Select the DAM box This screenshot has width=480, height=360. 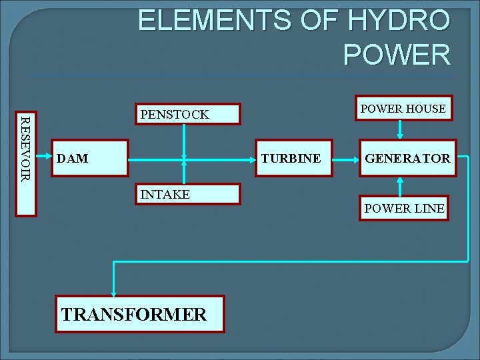coord(89,159)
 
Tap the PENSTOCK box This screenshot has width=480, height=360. coord(187,114)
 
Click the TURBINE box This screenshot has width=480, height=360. coord(294,159)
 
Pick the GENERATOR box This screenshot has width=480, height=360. coord(407,159)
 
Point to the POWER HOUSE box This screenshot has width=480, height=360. coord(403,108)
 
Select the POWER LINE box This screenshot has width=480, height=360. coord(403,208)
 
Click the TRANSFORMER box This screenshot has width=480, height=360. coord(139,314)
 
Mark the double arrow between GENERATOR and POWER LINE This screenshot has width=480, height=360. coord(400,186)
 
